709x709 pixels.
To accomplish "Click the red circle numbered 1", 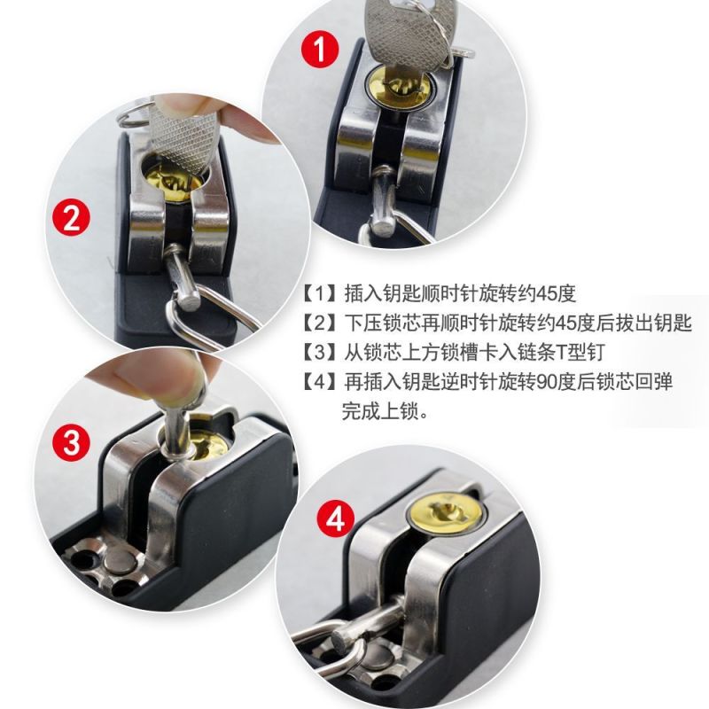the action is [x=320, y=50].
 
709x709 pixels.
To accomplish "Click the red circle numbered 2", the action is [x=72, y=217].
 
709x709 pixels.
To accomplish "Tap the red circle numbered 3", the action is [x=72, y=442].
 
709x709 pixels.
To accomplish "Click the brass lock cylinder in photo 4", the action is [x=445, y=513].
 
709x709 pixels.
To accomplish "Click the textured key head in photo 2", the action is [x=183, y=136].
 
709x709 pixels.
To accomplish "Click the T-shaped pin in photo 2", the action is [x=183, y=277].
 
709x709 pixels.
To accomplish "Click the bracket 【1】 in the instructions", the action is [x=320, y=294].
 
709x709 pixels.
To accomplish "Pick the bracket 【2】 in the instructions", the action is [x=320, y=323].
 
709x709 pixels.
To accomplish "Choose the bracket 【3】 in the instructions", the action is [x=320, y=352].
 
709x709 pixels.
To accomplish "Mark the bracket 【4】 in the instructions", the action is [x=320, y=382].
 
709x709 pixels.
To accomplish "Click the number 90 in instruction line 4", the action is [x=546, y=382].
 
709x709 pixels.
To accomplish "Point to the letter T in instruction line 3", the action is [x=563, y=353].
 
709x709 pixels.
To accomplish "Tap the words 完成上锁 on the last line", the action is [x=380, y=411].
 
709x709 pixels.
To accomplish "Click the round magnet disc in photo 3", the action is [x=120, y=561].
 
